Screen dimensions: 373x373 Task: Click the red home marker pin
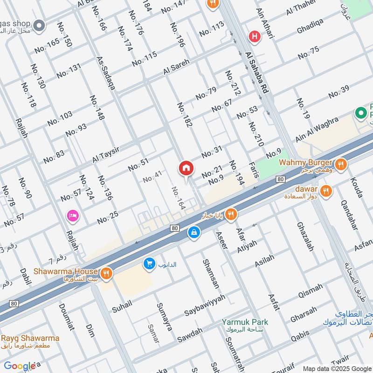(x=186, y=168)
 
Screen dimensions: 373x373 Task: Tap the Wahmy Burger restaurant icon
(x=341, y=164)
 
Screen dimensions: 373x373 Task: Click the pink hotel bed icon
(x=73, y=215)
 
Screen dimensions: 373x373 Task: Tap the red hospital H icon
(x=254, y=35)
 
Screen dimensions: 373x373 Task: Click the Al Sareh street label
(x=176, y=67)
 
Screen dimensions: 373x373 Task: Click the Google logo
(x=20, y=366)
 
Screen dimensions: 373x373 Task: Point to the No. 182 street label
(x=184, y=115)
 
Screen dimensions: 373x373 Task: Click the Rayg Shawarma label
(x=30, y=338)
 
